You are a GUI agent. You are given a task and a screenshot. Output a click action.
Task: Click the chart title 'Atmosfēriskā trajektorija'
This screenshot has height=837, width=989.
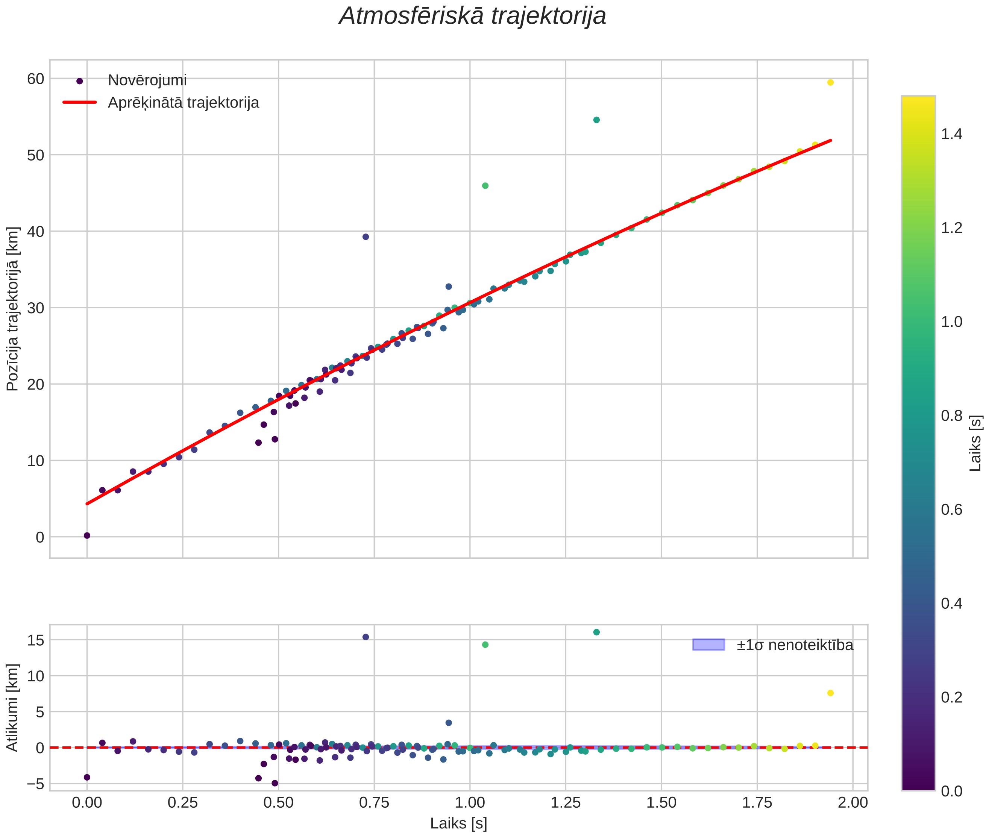[473, 16]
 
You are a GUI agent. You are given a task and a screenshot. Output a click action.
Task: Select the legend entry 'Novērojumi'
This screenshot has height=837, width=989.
[147, 80]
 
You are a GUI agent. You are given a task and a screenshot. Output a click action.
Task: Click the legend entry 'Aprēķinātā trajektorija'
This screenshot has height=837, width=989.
[183, 103]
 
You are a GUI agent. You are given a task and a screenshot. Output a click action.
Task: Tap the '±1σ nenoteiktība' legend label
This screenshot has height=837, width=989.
[795, 645]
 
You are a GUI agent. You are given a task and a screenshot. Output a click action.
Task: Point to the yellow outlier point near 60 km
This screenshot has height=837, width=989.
[830, 83]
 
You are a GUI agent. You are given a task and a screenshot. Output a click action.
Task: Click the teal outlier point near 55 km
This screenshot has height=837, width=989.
[596, 120]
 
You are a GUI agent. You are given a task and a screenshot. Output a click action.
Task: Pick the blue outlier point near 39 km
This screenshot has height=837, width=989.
[366, 237]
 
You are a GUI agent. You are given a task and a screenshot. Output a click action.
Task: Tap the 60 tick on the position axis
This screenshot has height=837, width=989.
[36, 79]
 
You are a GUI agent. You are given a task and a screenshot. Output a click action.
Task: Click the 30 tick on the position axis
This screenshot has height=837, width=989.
[36, 308]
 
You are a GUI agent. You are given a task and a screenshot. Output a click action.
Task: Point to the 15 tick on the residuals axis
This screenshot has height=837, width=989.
[36, 641]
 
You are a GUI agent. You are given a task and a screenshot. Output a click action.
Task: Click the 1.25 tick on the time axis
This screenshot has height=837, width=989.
[566, 803]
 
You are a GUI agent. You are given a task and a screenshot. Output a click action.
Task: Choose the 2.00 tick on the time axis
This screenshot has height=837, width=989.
[853, 803]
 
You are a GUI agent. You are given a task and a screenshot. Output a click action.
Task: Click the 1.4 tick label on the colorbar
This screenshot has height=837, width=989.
[952, 135]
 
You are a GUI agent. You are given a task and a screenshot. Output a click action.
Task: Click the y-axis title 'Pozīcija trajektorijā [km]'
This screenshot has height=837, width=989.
[13, 309]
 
